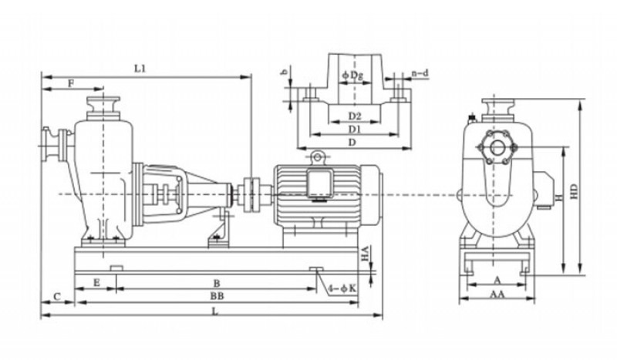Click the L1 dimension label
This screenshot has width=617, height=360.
pos(140,69)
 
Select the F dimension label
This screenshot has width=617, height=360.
pos(71,82)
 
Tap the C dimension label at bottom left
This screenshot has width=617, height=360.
pos(58,296)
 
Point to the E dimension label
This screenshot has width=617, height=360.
pos(96,283)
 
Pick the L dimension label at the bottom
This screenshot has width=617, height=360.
pos(214,311)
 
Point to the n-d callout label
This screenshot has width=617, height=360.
pos(420,73)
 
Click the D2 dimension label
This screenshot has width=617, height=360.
pos(354,116)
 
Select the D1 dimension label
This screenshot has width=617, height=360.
pos(354,129)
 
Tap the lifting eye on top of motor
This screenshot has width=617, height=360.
pos(316,157)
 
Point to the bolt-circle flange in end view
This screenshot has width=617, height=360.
pos(496,146)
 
